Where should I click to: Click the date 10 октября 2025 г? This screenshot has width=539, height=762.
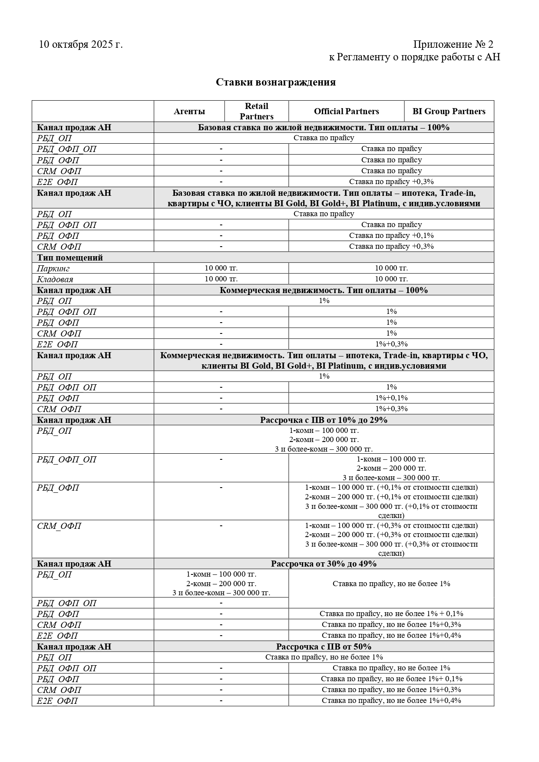pyautogui.click(x=81, y=44)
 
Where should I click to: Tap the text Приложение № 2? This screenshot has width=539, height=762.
pyautogui.click(x=453, y=44)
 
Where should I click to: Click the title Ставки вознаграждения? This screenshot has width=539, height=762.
pyautogui.click(x=275, y=82)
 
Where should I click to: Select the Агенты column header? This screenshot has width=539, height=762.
pyautogui.click(x=189, y=112)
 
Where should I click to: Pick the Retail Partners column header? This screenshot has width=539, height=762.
pyautogui.click(x=257, y=111)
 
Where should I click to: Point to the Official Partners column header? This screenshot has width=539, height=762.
pyautogui.click(x=346, y=112)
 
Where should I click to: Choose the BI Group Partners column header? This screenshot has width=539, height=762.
pyautogui.click(x=449, y=112)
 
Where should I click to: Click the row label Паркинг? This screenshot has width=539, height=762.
pyautogui.click(x=53, y=268)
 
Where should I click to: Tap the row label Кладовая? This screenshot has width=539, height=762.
pyautogui.click(x=55, y=279)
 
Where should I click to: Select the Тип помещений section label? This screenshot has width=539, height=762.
pyautogui.click(x=70, y=257)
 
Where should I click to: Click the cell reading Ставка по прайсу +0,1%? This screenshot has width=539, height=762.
pyautogui.click(x=391, y=235)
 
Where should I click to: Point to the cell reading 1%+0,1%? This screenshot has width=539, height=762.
pyautogui.click(x=391, y=398)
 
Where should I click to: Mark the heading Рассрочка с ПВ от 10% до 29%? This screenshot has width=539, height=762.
pyautogui.click(x=324, y=420)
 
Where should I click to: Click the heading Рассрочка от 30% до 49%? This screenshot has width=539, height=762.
pyautogui.click(x=324, y=564)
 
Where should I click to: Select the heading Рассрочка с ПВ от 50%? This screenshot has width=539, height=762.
pyautogui.click(x=324, y=647)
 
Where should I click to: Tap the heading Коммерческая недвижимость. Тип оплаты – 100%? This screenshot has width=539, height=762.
pyautogui.click(x=324, y=290)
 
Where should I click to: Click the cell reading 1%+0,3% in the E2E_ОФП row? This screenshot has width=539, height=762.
pyautogui.click(x=391, y=344)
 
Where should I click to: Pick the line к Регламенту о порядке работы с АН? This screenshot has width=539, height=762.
pyautogui.click(x=414, y=57)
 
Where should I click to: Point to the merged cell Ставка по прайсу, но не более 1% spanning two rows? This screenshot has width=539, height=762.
pyautogui.click(x=391, y=584)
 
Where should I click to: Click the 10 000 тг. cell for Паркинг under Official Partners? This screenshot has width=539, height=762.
pyautogui.click(x=391, y=268)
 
